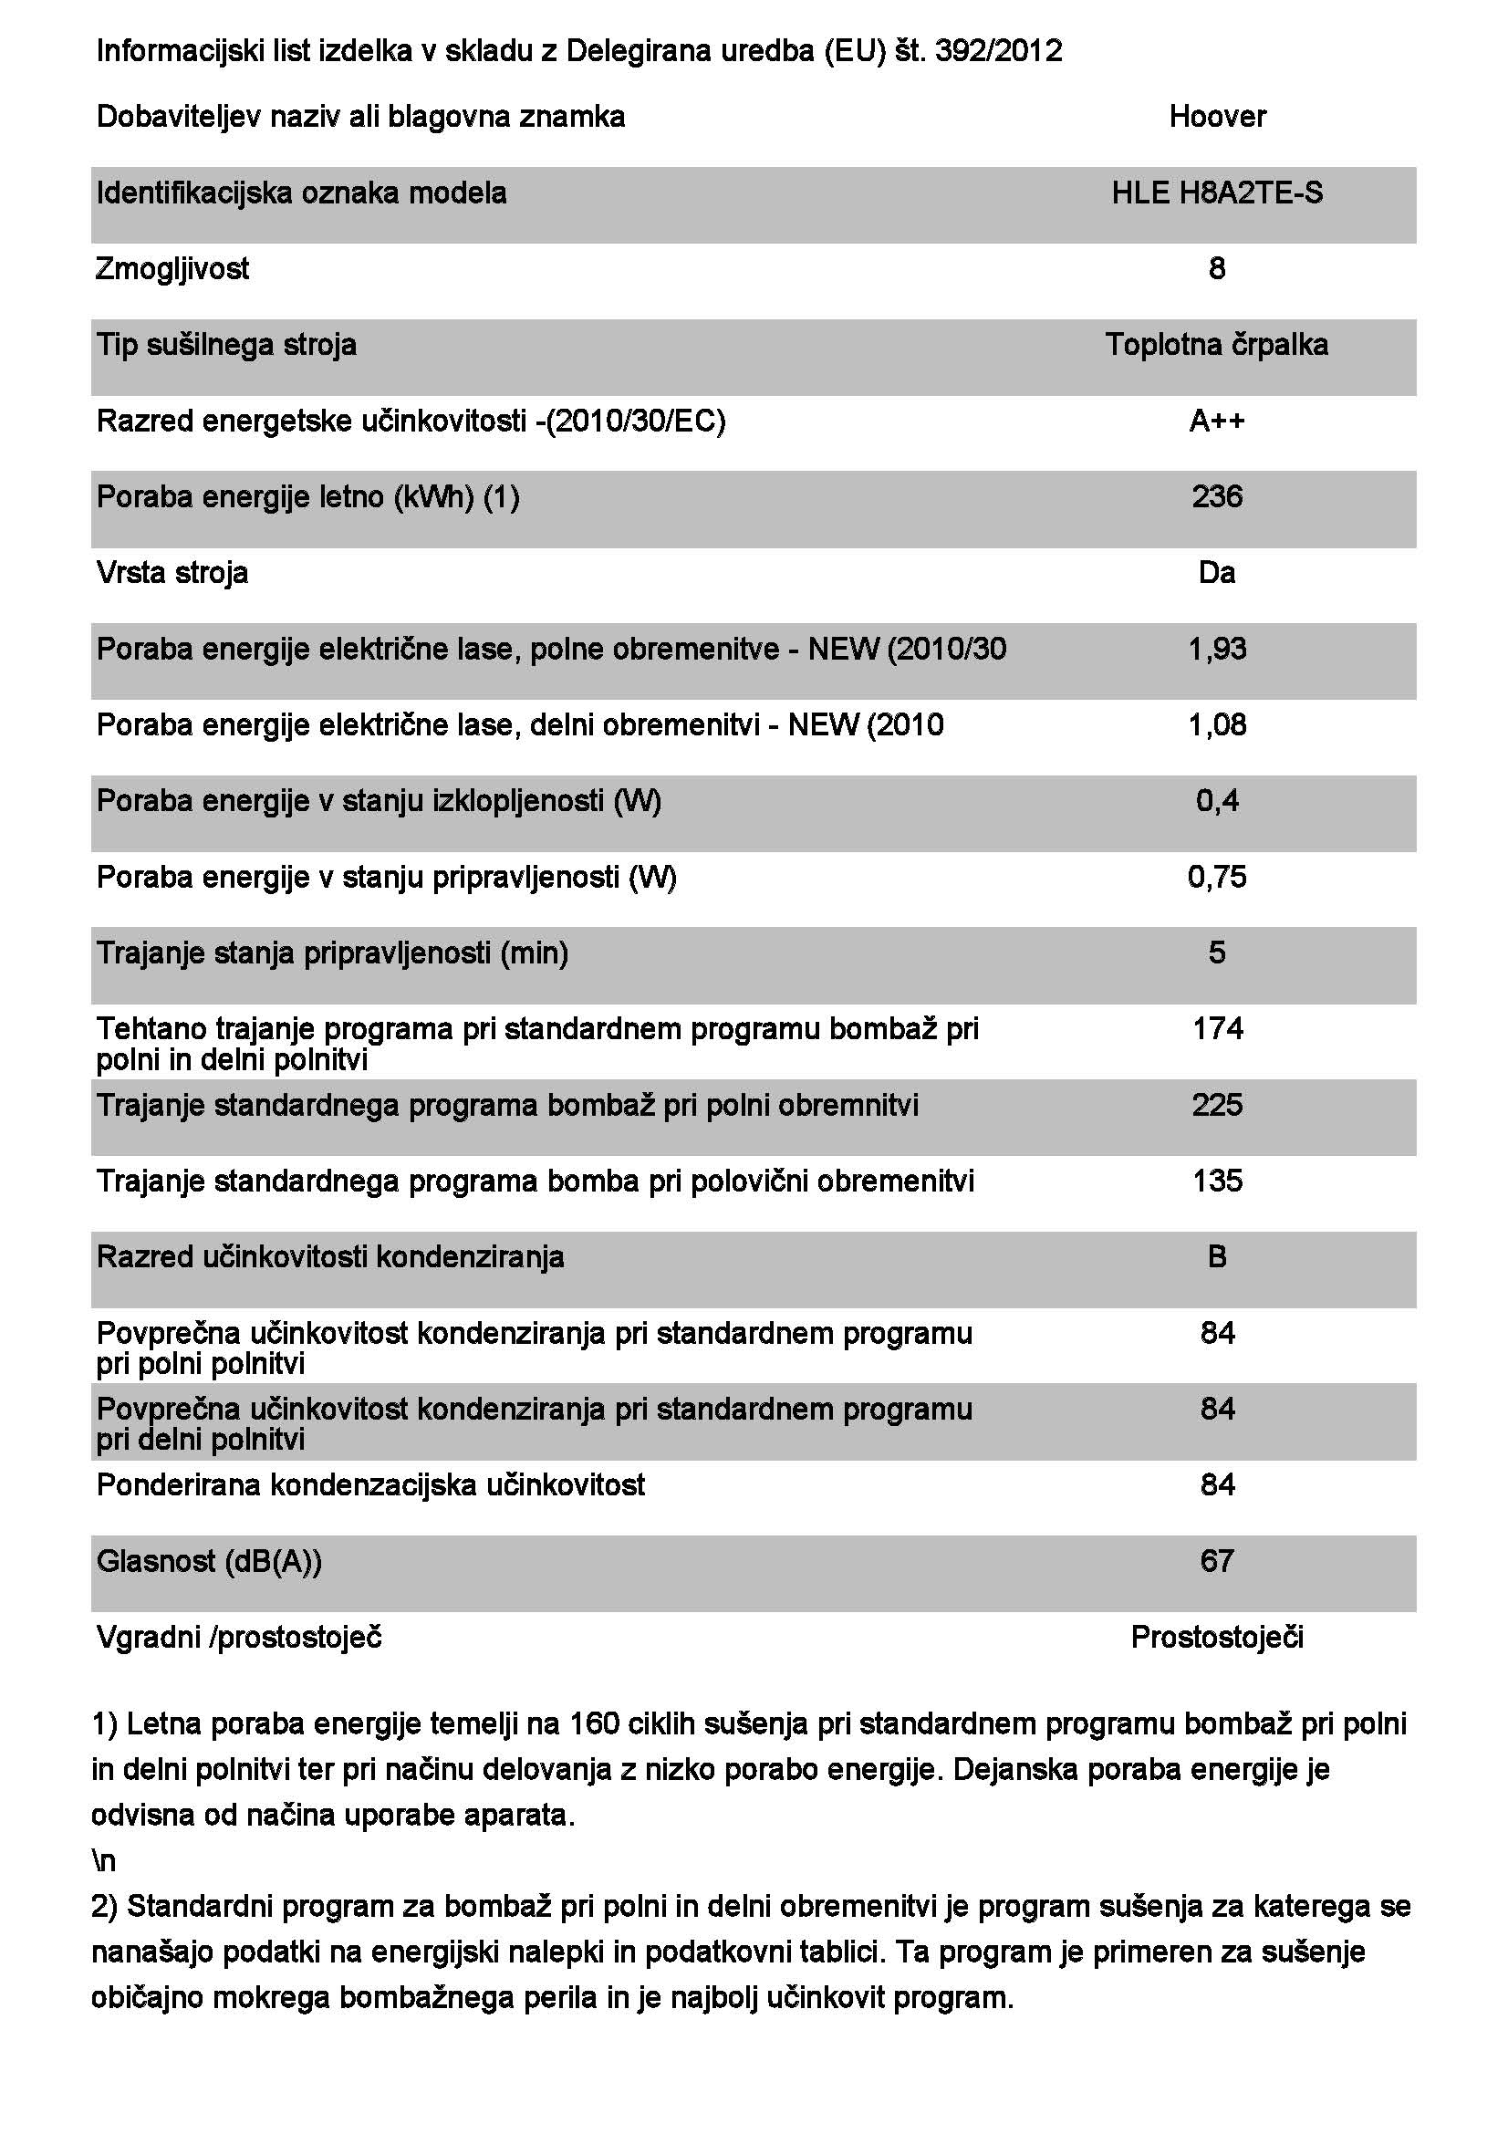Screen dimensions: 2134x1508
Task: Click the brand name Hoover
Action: (1217, 116)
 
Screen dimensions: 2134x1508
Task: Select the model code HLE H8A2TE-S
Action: (1217, 193)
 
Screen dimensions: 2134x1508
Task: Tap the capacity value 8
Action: (1217, 268)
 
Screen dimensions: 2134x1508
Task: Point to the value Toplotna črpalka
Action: (1217, 345)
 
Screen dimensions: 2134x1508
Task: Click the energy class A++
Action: (1217, 421)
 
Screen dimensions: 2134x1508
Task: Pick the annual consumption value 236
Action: (1217, 496)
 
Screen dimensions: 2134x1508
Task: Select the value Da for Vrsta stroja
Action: (1217, 573)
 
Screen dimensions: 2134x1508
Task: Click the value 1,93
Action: (1217, 649)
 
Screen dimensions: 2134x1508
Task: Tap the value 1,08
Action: (1217, 725)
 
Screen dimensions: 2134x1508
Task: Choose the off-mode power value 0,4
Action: (1217, 800)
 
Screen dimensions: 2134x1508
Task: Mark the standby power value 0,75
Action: (1217, 877)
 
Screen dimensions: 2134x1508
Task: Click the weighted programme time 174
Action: (1217, 1028)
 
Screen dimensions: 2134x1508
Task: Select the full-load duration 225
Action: (1217, 1105)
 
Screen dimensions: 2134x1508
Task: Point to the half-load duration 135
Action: (1217, 1181)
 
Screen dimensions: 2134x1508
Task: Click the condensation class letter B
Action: (1217, 1256)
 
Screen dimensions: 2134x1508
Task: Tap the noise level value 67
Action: (1217, 1560)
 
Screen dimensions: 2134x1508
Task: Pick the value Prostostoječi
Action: (1217, 1637)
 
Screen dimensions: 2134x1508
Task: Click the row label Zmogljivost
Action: (172, 269)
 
